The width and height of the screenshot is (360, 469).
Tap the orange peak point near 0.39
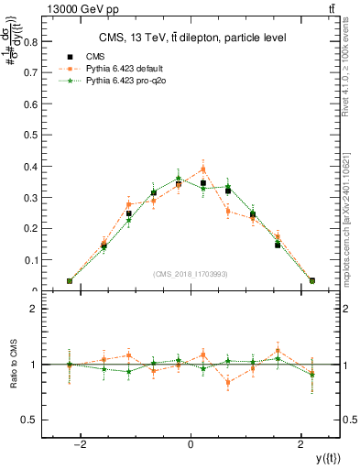pos(203,169)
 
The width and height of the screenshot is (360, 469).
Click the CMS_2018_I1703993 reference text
pos(191,274)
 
